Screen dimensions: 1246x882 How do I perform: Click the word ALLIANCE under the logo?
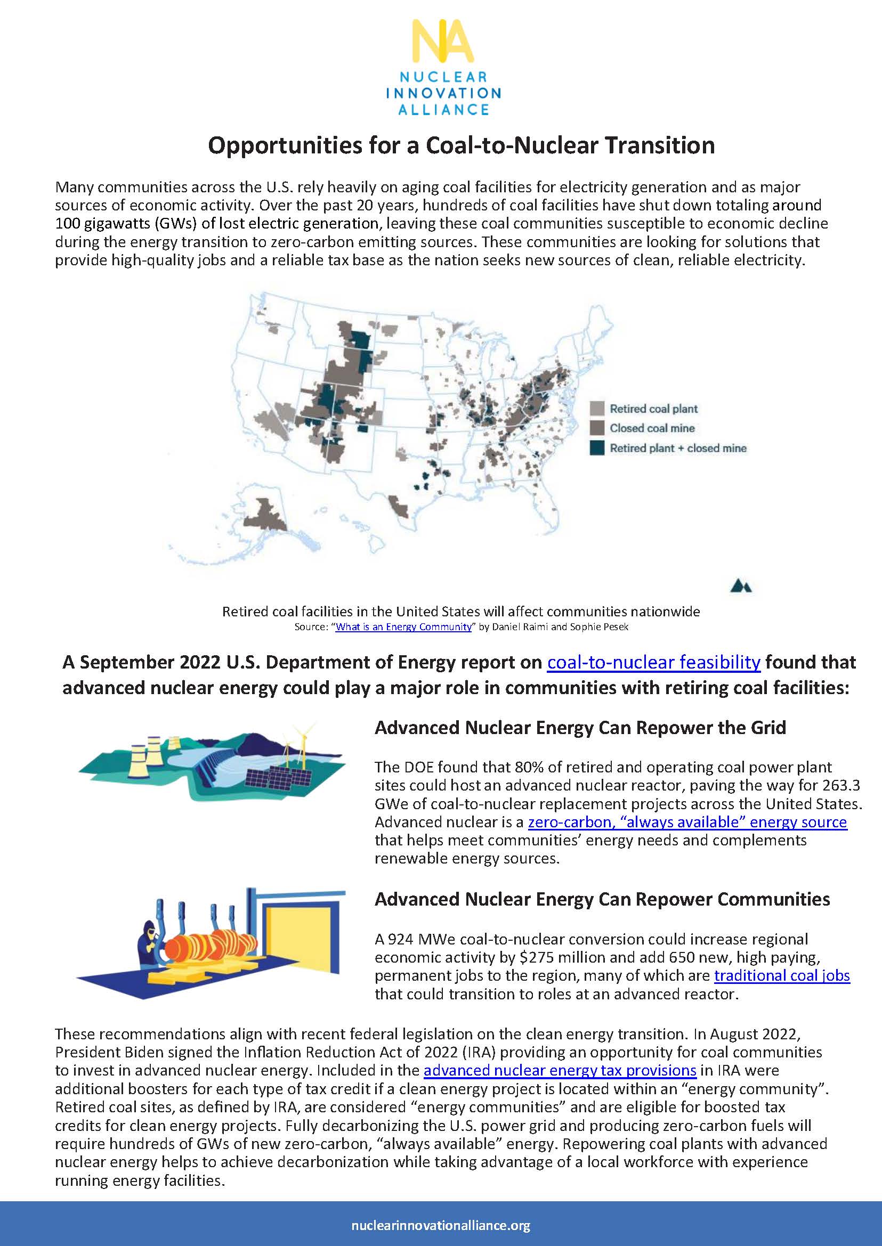[443, 109]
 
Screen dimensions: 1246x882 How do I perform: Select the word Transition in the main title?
[660, 145]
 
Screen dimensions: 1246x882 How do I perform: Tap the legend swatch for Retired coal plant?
[597, 408]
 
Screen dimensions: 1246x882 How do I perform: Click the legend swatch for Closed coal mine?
[597, 428]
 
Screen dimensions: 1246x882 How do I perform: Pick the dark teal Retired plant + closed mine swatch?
[597, 448]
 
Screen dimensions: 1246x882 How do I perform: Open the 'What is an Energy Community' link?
[403, 626]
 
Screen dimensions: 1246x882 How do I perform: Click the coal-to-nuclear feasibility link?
[653, 662]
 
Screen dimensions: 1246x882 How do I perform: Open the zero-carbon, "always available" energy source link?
[687, 822]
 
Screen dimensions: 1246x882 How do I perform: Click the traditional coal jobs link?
[781, 975]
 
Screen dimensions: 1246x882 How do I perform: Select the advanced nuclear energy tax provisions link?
[560, 1070]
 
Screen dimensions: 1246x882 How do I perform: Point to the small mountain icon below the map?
[741, 586]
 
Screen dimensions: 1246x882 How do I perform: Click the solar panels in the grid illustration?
[277, 777]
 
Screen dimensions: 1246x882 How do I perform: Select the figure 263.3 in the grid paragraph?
[841, 786]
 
